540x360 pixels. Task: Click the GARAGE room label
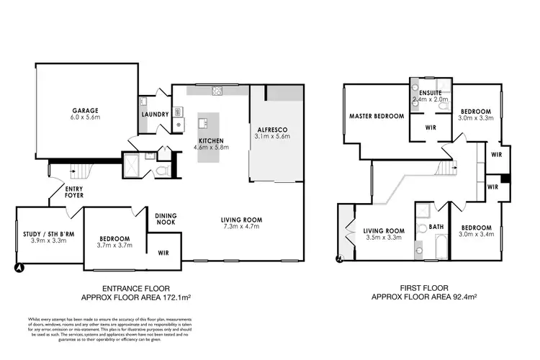pyautogui.click(x=84, y=110)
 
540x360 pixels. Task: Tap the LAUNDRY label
pyautogui.click(x=155, y=114)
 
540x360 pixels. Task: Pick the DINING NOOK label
pyautogui.click(x=166, y=218)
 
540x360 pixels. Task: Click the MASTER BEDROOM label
pyautogui.click(x=375, y=115)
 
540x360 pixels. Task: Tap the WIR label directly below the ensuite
pyautogui.click(x=431, y=127)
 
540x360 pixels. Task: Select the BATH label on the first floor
pyautogui.click(x=437, y=227)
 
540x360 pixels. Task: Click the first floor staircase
pyautogui.click(x=448, y=168)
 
